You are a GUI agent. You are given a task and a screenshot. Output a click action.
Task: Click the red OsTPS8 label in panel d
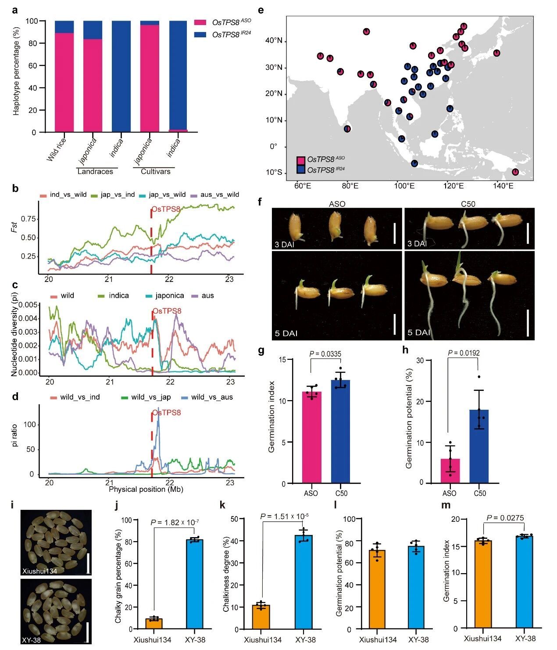[x=166, y=413]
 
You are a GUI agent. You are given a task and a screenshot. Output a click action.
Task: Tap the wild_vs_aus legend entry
[x=211, y=397]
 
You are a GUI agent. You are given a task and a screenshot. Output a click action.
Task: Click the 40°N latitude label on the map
[x=274, y=41]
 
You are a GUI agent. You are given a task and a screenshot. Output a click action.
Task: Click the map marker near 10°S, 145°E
[x=515, y=172]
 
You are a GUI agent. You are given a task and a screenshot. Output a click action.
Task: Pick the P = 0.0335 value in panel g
[x=325, y=354]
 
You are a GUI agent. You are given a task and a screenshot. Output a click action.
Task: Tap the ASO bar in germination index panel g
[x=311, y=437]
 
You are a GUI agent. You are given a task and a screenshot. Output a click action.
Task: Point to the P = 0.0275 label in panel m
[x=505, y=518]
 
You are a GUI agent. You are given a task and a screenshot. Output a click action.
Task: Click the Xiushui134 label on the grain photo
[x=40, y=571]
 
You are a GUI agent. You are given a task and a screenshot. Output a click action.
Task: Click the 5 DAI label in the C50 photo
[x=419, y=333]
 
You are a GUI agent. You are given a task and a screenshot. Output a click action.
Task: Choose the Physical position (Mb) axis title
[x=146, y=489]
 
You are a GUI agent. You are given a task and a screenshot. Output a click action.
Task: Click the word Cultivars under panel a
[x=155, y=171]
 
